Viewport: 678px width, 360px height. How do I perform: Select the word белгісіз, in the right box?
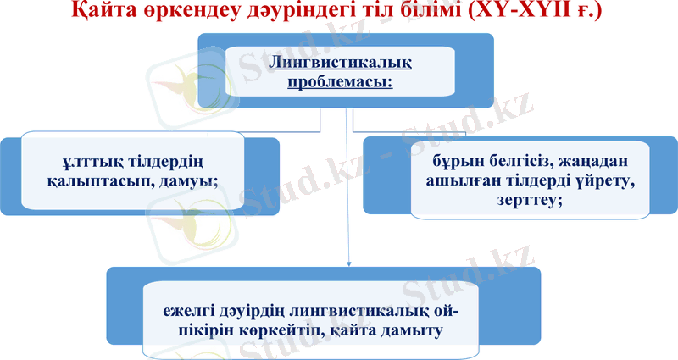520,159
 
